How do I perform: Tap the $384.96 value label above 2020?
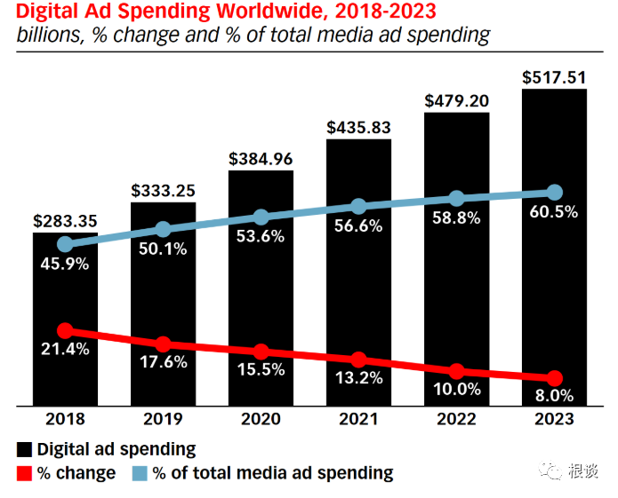261,160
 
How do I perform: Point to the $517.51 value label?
554,78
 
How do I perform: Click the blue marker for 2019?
163,230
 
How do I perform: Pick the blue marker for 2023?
554,193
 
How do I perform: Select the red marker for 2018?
65,330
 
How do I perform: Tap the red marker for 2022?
456,371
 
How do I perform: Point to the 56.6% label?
358,225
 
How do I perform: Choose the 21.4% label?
65,349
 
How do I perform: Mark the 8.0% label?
554,396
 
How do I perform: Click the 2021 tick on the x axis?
358,420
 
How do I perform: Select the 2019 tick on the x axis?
163,420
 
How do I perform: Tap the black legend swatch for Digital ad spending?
24,450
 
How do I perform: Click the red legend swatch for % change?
24,473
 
